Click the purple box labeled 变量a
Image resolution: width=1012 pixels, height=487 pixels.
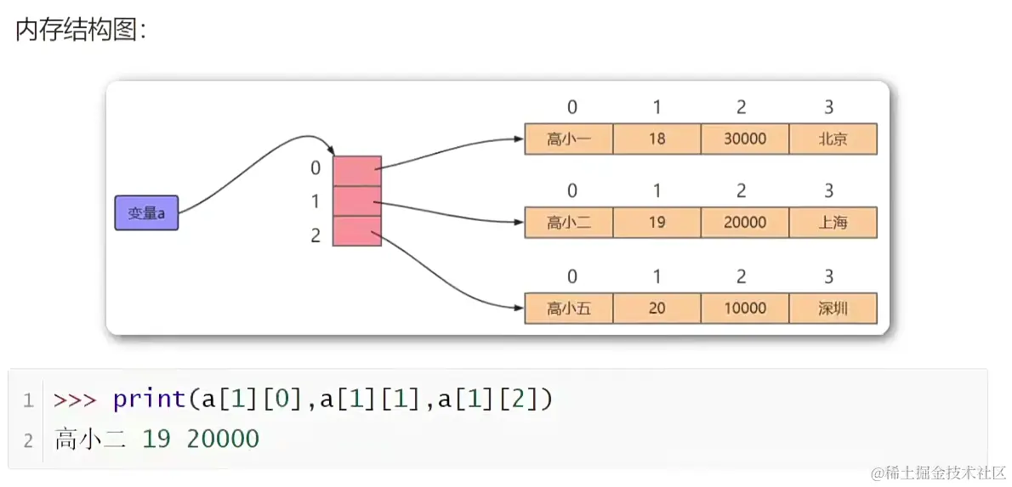click(146, 213)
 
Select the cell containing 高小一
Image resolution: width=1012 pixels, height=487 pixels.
click(568, 139)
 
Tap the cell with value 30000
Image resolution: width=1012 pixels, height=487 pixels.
click(745, 139)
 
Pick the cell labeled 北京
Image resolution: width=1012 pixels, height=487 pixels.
click(833, 139)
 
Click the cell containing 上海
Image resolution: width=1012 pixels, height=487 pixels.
click(833, 223)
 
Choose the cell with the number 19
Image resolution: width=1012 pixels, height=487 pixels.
click(657, 223)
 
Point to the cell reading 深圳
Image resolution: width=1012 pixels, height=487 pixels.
click(833, 308)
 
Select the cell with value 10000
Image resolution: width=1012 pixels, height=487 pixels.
click(745, 308)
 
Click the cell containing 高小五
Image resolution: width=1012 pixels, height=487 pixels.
click(568, 308)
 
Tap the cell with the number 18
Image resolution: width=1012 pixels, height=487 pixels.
click(657, 139)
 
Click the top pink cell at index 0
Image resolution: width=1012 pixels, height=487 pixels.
click(356, 171)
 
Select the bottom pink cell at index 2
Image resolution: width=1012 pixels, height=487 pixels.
click(356, 231)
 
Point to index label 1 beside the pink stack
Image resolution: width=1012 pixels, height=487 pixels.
click(316, 202)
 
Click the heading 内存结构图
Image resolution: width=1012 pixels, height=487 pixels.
click(81, 31)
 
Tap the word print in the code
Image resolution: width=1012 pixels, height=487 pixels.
click(149, 399)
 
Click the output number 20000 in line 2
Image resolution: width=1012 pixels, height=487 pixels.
click(223, 439)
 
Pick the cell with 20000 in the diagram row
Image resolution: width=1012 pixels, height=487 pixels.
click(745, 223)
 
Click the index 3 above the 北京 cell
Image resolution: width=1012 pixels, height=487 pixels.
click(828, 107)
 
